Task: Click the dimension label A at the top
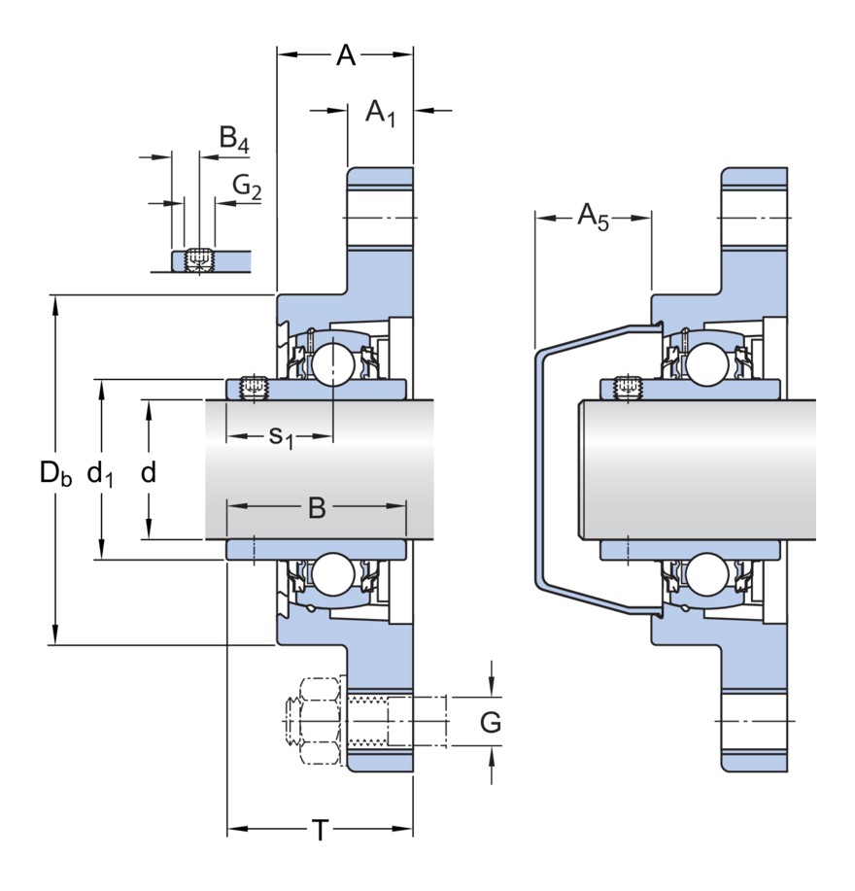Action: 346,56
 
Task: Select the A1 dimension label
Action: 380,113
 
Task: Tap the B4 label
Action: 233,141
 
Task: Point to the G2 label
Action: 247,186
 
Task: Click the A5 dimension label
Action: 593,216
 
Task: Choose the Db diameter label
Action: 55,474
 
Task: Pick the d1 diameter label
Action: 100,474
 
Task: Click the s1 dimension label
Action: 281,437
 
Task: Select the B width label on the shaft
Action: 317,507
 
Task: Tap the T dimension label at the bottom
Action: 320,831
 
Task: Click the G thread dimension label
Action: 491,723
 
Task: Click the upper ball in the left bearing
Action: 331,362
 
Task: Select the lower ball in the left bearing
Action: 331,573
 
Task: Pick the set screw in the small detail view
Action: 199,259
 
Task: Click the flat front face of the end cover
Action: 538,471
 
